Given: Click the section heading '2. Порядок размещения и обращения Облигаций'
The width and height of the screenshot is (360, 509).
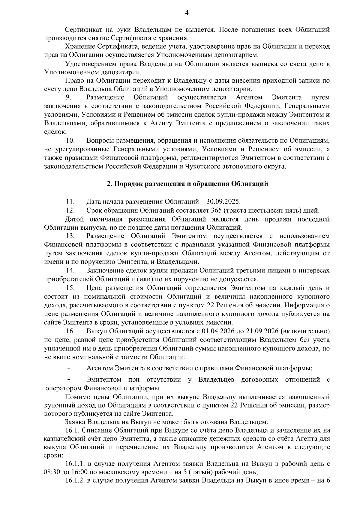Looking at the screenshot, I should click(x=187, y=184).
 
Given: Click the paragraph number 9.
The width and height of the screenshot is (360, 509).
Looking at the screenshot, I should click(x=68, y=97).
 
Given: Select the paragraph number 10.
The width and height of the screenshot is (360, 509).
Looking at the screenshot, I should click(x=70, y=141).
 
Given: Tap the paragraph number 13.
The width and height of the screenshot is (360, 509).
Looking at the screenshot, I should click(x=70, y=236).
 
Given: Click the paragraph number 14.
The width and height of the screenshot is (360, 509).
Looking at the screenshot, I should click(x=70, y=271).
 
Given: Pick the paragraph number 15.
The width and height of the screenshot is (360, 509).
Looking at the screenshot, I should click(x=70, y=288).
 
